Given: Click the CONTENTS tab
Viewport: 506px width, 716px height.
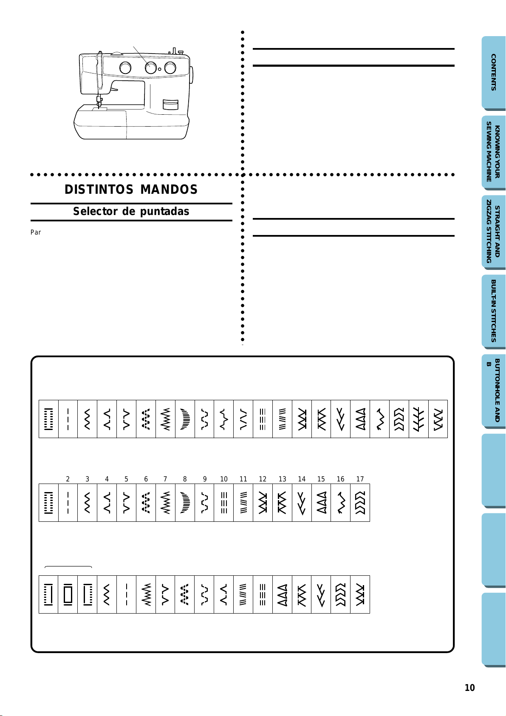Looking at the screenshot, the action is [x=493, y=72].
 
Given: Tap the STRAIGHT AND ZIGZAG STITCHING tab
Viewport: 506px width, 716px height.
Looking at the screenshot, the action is [x=493, y=232].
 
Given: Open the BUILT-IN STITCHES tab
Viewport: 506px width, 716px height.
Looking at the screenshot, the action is [x=493, y=311].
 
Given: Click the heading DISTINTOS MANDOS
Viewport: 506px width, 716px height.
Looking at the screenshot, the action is [x=131, y=189].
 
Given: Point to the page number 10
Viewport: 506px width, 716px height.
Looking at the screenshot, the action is [x=469, y=688].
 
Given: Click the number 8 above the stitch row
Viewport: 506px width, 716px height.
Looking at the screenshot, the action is [x=185, y=479].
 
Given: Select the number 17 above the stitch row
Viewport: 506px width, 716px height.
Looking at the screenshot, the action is [x=360, y=479].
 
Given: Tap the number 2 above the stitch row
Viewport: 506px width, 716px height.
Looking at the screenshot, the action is [x=68, y=479].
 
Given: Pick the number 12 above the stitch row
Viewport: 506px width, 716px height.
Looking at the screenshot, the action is [x=263, y=479].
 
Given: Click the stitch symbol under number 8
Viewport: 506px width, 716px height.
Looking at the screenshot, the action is [x=185, y=503].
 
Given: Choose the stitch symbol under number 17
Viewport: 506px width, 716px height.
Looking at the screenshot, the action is [x=360, y=503].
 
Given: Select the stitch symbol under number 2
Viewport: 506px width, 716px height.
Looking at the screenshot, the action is [x=68, y=503].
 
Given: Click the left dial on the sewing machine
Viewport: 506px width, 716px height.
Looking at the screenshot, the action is [x=125, y=68].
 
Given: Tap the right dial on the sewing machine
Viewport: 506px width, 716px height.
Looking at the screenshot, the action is [x=170, y=68].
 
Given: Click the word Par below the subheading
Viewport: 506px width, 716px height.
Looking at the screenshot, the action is [x=36, y=232].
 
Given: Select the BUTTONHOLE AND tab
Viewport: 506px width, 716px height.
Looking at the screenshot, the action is [x=493, y=391].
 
